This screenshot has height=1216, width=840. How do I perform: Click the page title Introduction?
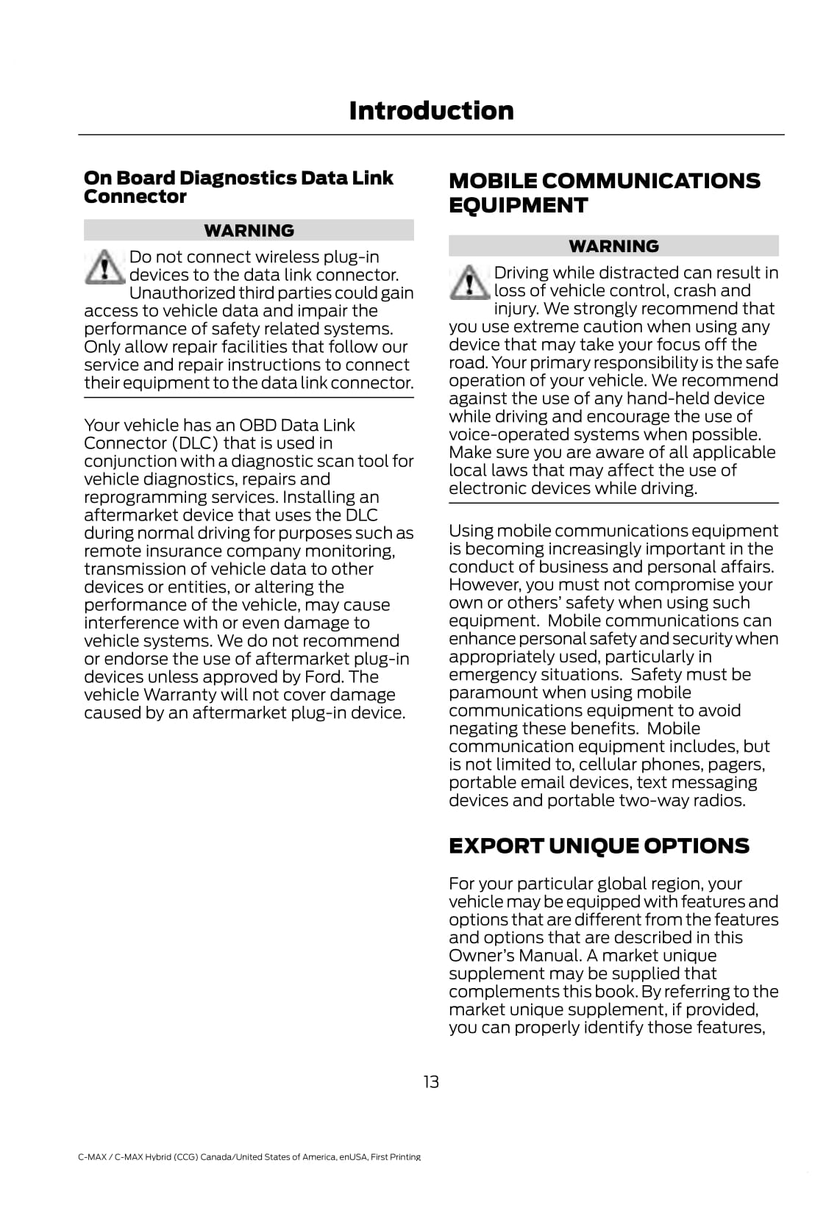click(431, 111)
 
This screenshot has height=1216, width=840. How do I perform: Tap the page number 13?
click(431, 1081)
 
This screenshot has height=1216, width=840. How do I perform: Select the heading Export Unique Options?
click(599, 846)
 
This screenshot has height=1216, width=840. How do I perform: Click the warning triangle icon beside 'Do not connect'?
click(104, 266)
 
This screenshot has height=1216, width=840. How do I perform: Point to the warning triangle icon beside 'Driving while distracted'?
click(469, 282)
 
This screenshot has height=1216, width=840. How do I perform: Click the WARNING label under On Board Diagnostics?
click(249, 231)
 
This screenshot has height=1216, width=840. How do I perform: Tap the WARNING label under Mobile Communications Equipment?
click(613, 246)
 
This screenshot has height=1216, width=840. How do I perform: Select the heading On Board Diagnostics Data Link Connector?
click(238, 187)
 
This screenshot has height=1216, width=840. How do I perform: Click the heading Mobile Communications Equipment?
click(604, 193)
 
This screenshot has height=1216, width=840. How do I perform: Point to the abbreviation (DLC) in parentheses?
click(195, 443)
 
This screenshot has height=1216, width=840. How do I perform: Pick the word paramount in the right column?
click(494, 693)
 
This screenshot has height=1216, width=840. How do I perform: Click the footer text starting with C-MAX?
click(249, 1157)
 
